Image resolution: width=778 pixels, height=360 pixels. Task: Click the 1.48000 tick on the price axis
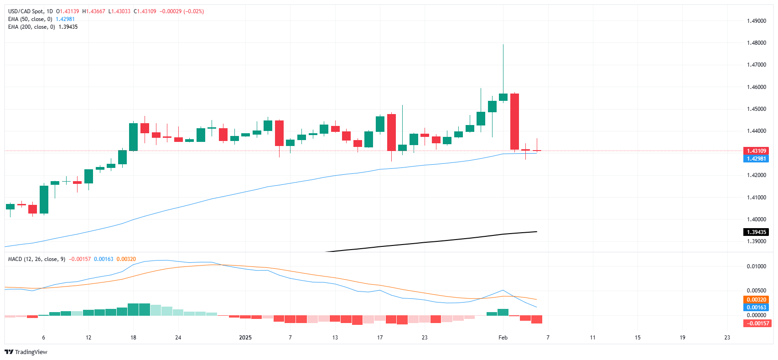click(756, 43)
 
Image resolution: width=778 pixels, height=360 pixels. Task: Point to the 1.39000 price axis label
click(756, 241)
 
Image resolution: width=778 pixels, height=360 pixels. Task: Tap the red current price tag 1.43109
click(756, 151)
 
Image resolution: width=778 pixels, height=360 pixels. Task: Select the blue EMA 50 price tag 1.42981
click(756, 159)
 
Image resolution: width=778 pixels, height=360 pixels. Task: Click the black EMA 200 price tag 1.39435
click(756, 232)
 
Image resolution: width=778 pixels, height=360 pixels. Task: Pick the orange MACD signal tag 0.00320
click(756, 300)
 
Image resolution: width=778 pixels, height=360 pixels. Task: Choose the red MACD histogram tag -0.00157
click(756, 323)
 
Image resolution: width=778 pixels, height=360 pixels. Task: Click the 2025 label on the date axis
click(245, 338)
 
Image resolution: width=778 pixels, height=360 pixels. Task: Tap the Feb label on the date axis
click(503, 338)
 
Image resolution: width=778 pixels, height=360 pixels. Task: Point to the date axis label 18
click(133, 338)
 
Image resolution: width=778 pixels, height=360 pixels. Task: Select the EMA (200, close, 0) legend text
click(31, 27)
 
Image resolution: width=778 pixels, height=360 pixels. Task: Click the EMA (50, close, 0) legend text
click(30, 19)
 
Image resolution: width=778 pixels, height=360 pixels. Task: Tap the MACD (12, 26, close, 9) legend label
click(36, 259)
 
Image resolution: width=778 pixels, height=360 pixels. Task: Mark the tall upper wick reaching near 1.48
click(503, 68)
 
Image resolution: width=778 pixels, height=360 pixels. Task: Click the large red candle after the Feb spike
click(514, 121)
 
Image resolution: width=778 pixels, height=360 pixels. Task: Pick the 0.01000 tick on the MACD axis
click(756, 266)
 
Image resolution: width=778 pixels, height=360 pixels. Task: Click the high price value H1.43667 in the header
click(93, 11)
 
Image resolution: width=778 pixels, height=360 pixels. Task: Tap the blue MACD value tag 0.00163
click(756, 308)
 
